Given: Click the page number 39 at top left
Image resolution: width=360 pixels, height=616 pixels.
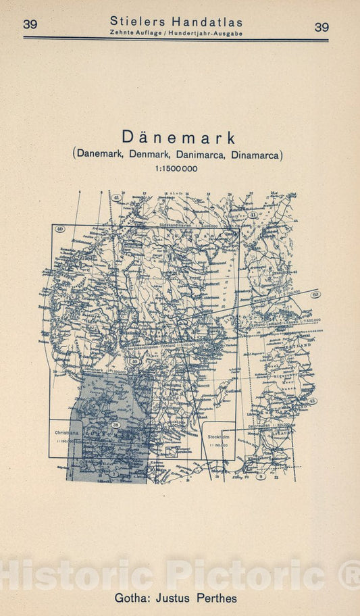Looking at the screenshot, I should pyautogui.click(x=30, y=25).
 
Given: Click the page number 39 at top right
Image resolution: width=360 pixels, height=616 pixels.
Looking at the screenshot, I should pyautogui.click(x=322, y=27).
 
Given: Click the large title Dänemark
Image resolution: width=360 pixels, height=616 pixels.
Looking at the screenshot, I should pyautogui.click(x=179, y=138).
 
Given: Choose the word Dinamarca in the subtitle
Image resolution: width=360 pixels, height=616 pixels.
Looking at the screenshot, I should pyautogui.click(x=256, y=154).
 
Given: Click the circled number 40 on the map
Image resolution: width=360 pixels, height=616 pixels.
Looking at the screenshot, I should pyautogui.click(x=59, y=229).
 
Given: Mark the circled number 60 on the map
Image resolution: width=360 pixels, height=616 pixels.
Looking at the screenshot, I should pyautogui.click(x=316, y=294).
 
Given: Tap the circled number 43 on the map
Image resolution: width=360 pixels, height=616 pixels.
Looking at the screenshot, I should pyautogui.click(x=312, y=401).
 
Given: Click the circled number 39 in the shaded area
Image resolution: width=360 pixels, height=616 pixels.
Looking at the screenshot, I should pyautogui.click(x=116, y=425).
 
